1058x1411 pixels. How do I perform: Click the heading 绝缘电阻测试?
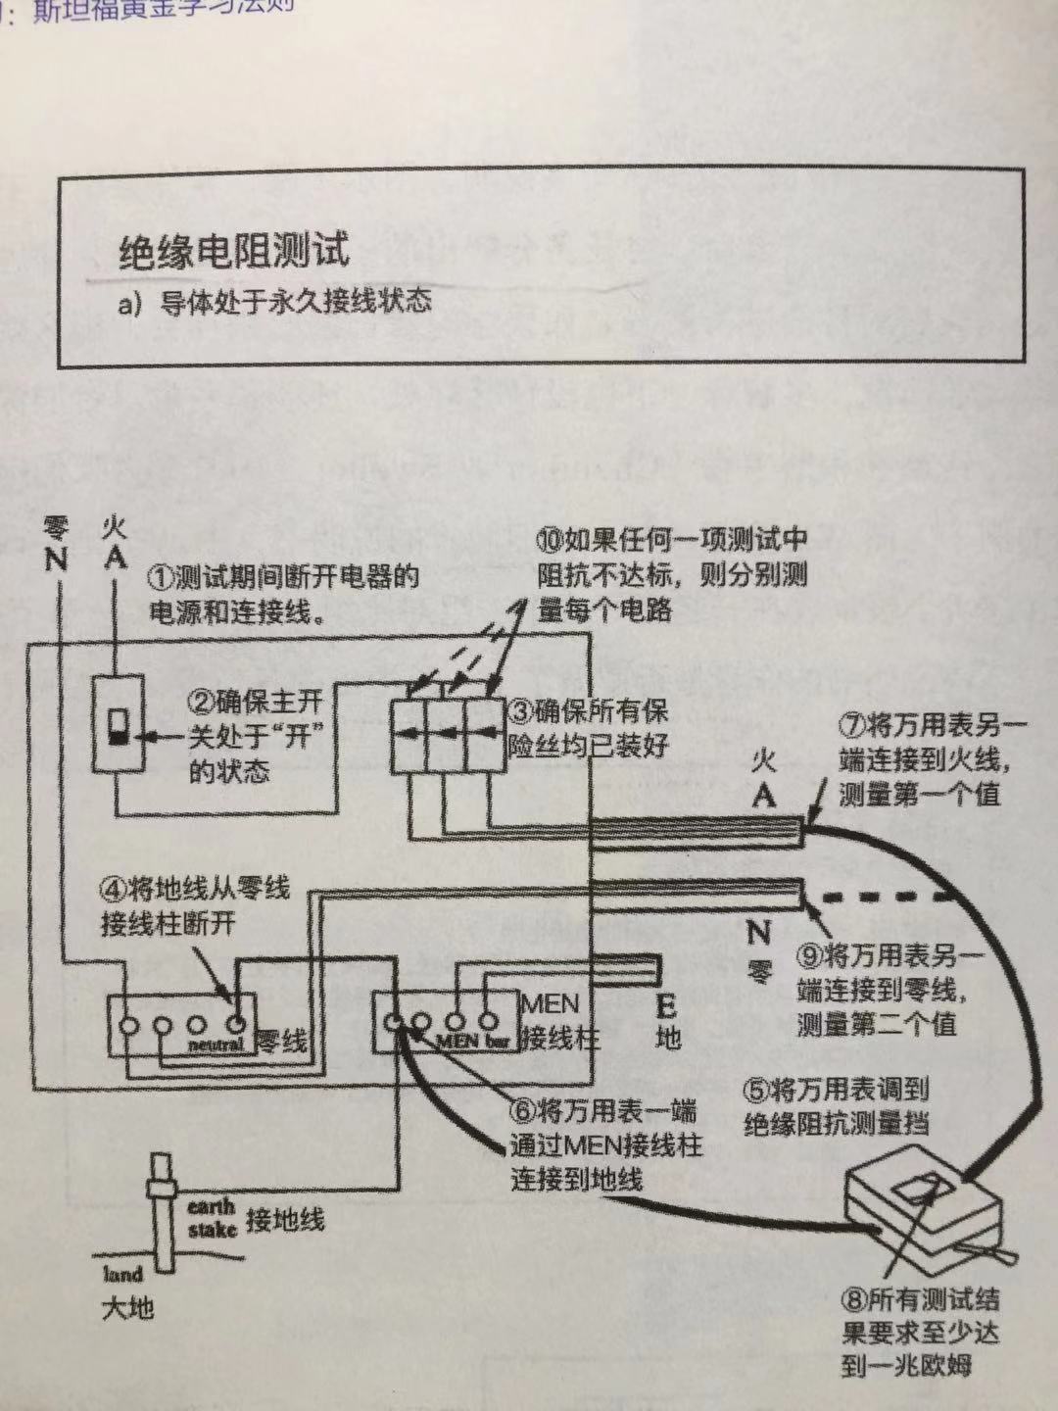[x=233, y=251]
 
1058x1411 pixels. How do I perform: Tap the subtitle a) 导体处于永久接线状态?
[x=274, y=301]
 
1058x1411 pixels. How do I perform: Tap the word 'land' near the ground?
[x=123, y=1274]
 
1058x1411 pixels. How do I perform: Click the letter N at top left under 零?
[x=55, y=560]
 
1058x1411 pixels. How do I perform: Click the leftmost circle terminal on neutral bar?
[x=128, y=1025]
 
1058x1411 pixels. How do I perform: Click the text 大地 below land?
[x=127, y=1307]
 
